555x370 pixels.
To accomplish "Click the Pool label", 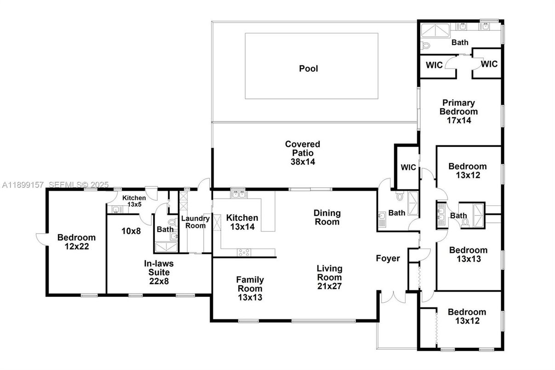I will click(309, 69).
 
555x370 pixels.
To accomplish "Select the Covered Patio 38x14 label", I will click(302, 153).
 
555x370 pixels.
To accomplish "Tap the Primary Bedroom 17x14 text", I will click(458, 111).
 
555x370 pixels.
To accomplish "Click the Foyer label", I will click(388, 259).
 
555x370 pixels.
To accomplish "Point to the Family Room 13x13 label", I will click(250, 288).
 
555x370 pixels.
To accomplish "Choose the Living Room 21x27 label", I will click(329, 277).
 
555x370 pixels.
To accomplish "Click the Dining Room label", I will click(327, 217).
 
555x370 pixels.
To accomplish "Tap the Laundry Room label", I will click(195, 222).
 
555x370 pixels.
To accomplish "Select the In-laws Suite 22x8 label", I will click(158, 272).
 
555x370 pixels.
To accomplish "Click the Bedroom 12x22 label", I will click(76, 242).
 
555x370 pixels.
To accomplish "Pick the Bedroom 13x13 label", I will click(468, 254).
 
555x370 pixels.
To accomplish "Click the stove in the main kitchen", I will click(243, 252).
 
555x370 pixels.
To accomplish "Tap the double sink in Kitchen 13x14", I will click(238, 194).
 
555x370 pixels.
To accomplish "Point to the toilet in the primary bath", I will click(425, 45).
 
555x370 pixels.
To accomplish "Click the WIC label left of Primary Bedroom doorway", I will click(434, 65).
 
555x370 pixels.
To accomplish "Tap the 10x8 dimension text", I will click(131, 231).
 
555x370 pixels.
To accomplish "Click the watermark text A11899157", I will click(23, 185).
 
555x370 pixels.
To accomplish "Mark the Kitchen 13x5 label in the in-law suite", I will click(134, 201).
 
